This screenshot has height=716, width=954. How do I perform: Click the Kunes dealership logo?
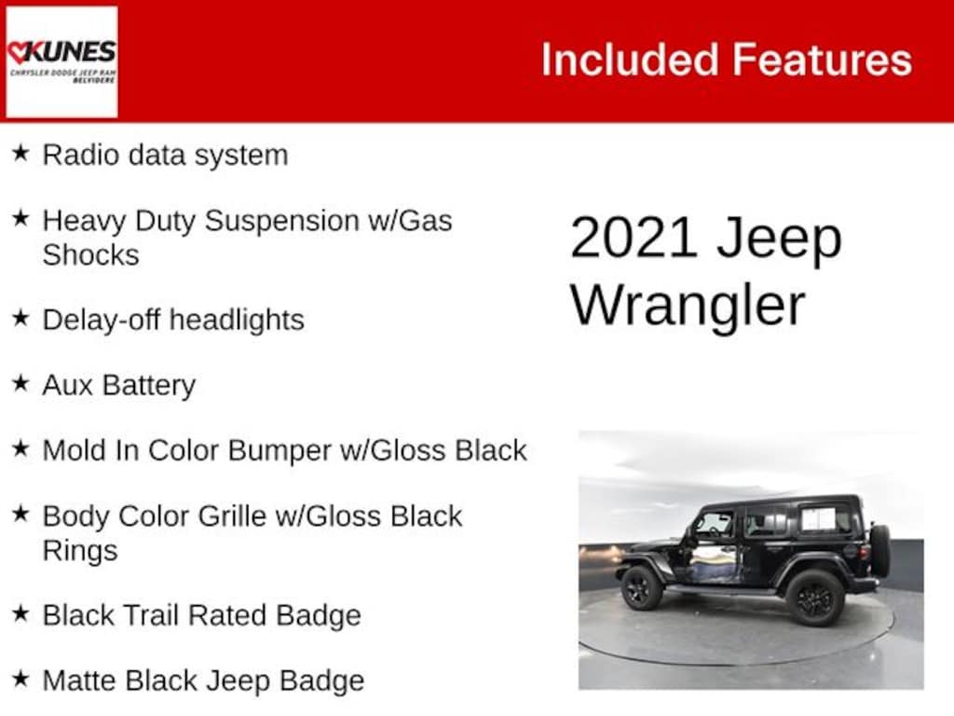tap(61, 62)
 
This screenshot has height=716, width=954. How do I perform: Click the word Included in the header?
tap(629, 61)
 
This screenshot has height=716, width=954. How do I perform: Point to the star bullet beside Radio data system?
tap(20, 154)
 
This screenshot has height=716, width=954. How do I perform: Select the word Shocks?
tap(90, 255)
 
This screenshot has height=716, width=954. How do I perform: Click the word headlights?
tap(237, 320)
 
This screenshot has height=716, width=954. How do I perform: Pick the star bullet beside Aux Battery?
tap(20, 383)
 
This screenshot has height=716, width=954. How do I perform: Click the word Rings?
tap(80, 550)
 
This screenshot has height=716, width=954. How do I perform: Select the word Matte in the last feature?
tap(80, 681)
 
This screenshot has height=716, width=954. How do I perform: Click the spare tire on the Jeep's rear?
tap(879, 551)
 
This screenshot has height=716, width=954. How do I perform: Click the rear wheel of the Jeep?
tap(813, 598)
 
